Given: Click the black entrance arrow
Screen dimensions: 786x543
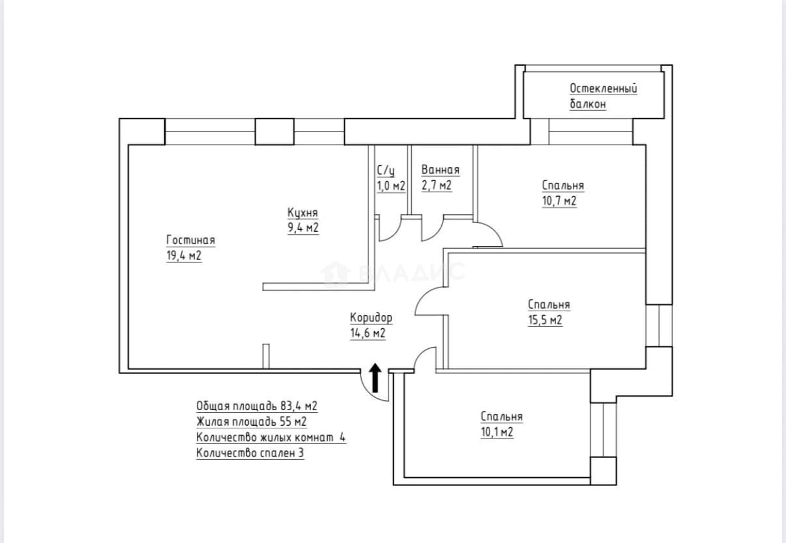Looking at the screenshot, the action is [x=375, y=378].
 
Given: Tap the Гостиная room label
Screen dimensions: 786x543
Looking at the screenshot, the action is [x=191, y=240].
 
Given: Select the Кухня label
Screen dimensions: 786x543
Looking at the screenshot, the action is [x=303, y=212].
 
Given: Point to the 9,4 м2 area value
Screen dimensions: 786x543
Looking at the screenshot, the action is [x=303, y=228].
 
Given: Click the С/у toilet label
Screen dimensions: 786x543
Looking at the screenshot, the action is [x=385, y=171].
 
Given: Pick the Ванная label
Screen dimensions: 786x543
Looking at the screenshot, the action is [x=441, y=170].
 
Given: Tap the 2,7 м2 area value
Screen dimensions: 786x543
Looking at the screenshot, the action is [x=436, y=185].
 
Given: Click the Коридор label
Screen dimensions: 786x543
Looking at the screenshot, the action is [x=371, y=318].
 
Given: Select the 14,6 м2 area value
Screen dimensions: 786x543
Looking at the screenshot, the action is [x=368, y=333].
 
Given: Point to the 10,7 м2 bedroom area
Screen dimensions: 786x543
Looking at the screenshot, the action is [x=559, y=201].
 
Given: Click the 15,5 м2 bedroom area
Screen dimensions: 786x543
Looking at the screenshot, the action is [x=545, y=320].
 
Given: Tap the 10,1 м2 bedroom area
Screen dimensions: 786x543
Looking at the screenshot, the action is [x=497, y=432].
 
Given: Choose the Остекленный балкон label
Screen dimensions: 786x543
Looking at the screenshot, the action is [x=603, y=96].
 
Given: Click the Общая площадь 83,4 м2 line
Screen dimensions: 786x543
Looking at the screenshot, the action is [x=257, y=406].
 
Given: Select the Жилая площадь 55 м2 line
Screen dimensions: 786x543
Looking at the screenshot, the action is [x=251, y=421].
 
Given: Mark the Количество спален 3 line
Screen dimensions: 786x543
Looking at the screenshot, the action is [x=250, y=453].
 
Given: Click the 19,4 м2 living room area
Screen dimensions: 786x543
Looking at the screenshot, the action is [x=184, y=256].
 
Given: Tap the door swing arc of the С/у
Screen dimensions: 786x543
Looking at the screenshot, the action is [x=395, y=234].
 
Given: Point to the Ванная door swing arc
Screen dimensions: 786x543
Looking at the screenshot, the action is [x=438, y=234].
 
